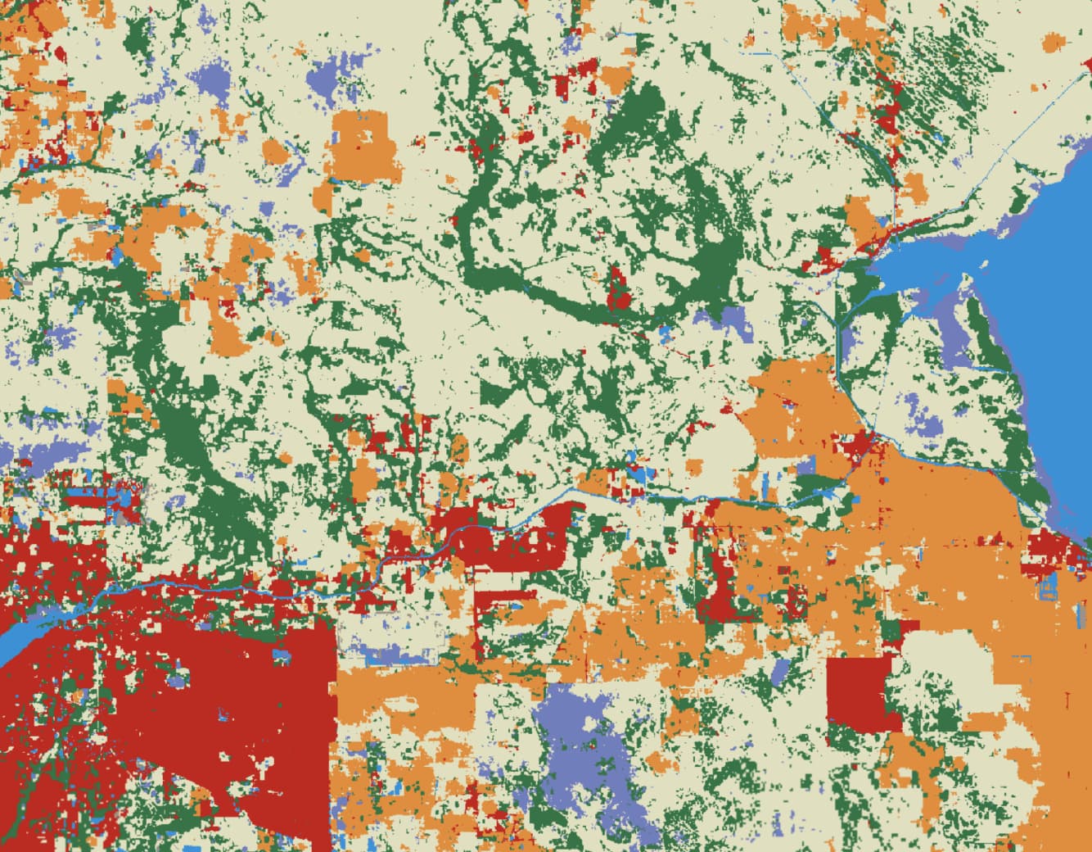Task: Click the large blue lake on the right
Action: (1056, 344)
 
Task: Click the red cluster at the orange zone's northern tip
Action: (864, 446)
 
